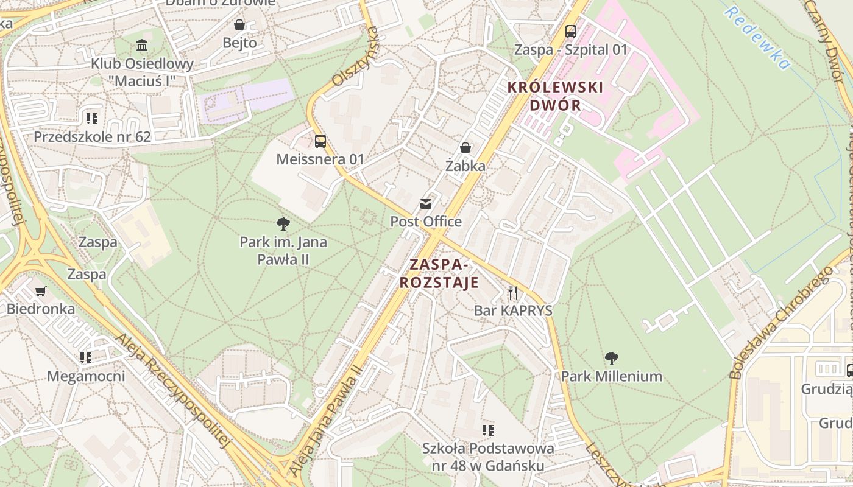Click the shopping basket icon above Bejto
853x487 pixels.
(x=239, y=25)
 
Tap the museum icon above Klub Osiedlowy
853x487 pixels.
(x=142, y=45)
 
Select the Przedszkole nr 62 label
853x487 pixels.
(x=92, y=136)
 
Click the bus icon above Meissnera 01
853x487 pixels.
(x=320, y=141)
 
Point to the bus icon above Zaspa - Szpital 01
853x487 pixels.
(x=571, y=32)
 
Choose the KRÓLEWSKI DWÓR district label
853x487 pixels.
(x=555, y=96)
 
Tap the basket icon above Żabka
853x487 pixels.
(x=465, y=148)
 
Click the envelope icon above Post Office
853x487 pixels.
(x=426, y=204)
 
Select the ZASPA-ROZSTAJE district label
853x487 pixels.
(x=439, y=274)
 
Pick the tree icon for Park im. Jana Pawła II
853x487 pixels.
(x=283, y=224)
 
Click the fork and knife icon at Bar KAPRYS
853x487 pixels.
(x=513, y=293)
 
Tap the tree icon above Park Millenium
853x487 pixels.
(x=612, y=358)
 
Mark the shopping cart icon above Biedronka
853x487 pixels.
(x=41, y=291)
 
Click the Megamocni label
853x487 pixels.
(x=86, y=376)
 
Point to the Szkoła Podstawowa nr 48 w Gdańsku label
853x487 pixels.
(x=488, y=457)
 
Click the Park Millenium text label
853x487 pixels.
(x=611, y=376)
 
